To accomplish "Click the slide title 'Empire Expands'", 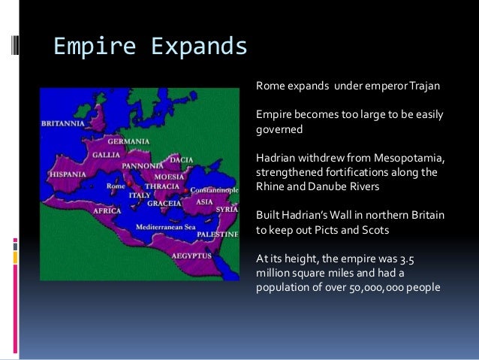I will [150, 47].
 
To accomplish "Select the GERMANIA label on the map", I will [128, 141].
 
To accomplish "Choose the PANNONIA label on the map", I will [143, 165].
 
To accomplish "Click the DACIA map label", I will [181, 159].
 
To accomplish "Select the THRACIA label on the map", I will [161, 186].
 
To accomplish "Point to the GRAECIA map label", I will [164, 203].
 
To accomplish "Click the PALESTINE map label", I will [218, 234].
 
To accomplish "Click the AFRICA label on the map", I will [108, 211].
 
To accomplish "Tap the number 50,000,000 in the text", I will [359, 287].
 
